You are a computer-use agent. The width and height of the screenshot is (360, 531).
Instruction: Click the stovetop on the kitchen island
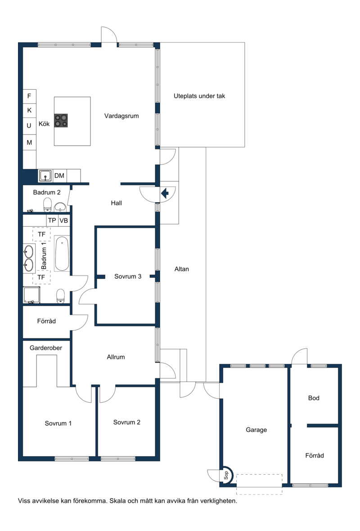point(61,121)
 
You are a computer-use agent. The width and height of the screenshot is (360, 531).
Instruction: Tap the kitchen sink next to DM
point(45,176)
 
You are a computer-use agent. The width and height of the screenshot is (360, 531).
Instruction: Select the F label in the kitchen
point(29,96)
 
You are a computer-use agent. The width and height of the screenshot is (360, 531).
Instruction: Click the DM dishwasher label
point(59,176)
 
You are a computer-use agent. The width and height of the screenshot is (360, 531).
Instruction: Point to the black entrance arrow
point(165,194)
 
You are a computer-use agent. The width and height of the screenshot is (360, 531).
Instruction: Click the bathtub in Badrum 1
point(62,254)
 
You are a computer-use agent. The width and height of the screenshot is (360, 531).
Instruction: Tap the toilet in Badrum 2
point(48,204)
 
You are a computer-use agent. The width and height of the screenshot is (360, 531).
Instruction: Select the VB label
point(63,221)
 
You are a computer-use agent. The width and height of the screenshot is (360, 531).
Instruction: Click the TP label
point(52,220)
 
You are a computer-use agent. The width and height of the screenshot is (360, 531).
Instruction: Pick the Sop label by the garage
point(226,476)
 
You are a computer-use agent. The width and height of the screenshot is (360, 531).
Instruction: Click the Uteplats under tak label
point(199,96)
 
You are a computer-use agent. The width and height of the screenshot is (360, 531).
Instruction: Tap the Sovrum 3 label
point(127,277)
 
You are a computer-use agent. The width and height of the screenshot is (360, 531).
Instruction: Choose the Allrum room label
point(116,357)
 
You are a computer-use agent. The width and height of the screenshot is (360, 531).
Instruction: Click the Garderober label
point(46,348)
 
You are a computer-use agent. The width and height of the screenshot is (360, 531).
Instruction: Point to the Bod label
point(314,398)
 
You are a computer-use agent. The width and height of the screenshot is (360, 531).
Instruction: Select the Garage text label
point(256,430)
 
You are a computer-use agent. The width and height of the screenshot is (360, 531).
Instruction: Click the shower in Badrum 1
point(31,295)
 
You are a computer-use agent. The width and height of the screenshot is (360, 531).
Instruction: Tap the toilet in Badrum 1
point(61,296)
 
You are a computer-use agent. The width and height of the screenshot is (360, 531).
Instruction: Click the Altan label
point(182,269)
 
